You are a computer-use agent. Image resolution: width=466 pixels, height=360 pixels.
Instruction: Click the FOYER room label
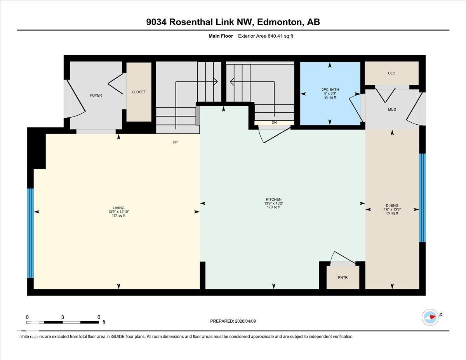point(96,95)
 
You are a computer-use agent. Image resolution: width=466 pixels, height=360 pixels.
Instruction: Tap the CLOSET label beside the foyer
point(139,92)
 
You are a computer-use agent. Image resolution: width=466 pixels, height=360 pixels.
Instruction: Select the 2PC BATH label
point(330,89)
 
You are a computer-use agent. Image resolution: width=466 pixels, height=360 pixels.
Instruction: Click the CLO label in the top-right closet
point(391,73)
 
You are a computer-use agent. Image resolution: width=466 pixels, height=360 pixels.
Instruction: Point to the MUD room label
point(392,110)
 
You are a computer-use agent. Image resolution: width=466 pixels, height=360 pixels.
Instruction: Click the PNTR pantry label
point(343,277)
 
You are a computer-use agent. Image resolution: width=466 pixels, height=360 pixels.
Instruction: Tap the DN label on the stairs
point(274,123)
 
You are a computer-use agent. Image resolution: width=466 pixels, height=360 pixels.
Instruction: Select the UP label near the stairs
point(175,142)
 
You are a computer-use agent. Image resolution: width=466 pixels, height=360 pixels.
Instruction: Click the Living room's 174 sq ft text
point(118,216)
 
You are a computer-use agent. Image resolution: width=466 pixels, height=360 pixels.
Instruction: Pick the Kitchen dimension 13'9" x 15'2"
point(274,203)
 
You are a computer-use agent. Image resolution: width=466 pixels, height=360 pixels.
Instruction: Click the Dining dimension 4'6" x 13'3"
point(392,209)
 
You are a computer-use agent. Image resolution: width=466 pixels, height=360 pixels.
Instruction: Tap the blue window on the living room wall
point(30,233)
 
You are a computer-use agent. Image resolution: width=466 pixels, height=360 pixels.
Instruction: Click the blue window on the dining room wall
point(422,198)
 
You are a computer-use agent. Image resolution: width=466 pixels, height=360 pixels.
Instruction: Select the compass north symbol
point(431,317)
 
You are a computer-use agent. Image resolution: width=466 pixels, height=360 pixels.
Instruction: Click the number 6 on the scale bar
point(99,317)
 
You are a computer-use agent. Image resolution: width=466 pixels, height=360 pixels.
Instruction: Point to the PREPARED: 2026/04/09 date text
point(233,321)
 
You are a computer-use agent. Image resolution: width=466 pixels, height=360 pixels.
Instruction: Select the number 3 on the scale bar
point(63,317)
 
